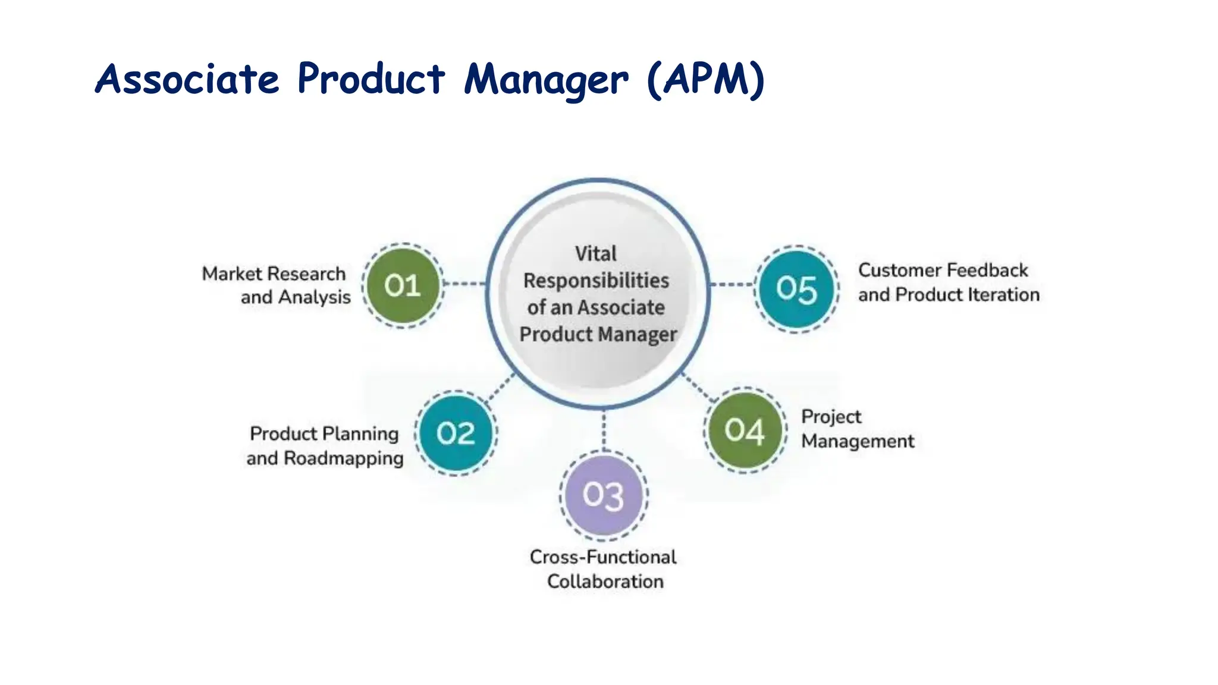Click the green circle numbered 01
[403, 286]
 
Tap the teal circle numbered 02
[456, 433]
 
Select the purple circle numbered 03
[603, 495]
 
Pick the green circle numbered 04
[745, 431]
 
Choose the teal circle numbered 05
[796, 289]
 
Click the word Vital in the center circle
[595, 254]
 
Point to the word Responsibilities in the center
[596, 281]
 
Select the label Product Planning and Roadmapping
[325, 446]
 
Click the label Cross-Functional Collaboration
[604, 569]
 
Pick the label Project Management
[856, 429]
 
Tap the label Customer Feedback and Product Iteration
[948, 282]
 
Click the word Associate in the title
[187, 79]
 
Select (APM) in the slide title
[705, 79]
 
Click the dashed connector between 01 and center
[464, 284]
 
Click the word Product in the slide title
[371, 79]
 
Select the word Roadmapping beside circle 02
[344, 458]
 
